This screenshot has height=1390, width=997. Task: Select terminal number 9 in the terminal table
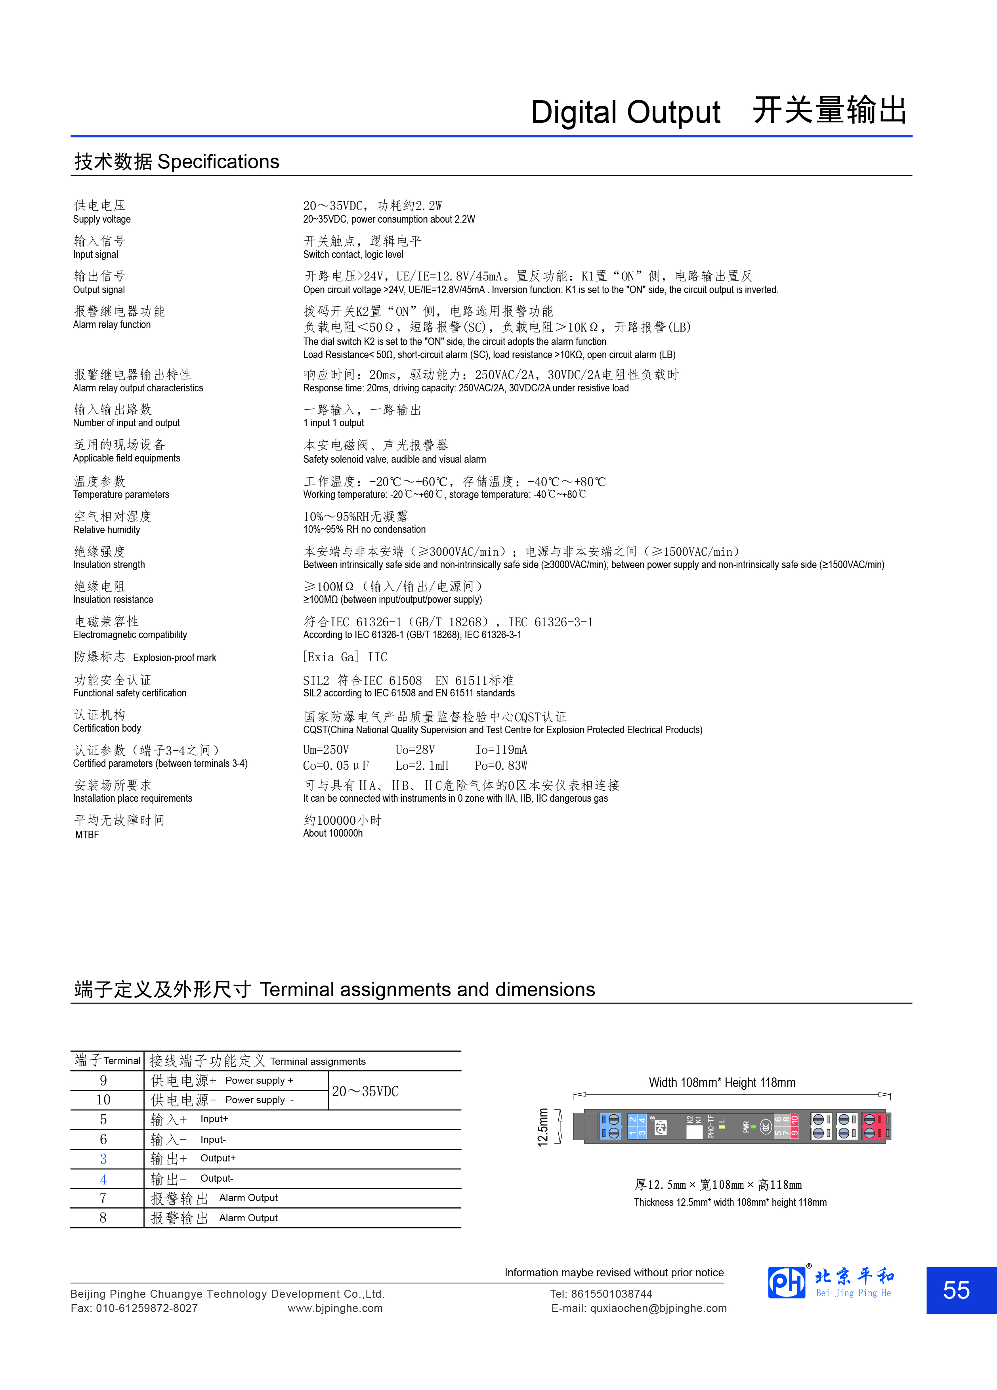pyautogui.click(x=104, y=1081)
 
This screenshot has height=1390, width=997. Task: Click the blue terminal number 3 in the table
pyautogui.click(x=104, y=1159)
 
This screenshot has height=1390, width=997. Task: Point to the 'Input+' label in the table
pyautogui.click(x=214, y=1119)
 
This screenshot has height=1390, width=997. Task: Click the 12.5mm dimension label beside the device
pyautogui.click(x=542, y=1127)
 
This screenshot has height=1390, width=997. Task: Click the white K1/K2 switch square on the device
pyautogui.click(x=694, y=1131)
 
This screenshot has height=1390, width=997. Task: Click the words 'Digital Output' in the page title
pyautogui.click(x=625, y=113)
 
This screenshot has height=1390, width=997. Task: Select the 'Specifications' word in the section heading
pyautogui.click(x=218, y=162)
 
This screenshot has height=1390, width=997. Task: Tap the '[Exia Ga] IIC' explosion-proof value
pyautogui.click(x=345, y=657)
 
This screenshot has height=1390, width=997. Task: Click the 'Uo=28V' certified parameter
pyautogui.click(x=415, y=749)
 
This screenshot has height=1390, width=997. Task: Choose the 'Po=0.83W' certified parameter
pyautogui.click(x=501, y=765)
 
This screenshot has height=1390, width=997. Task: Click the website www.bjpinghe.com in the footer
pyautogui.click(x=335, y=1308)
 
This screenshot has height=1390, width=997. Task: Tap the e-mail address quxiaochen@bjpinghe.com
pyautogui.click(x=658, y=1308)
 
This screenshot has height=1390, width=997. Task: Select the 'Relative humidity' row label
pyautogui.click(x=107, y=530)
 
